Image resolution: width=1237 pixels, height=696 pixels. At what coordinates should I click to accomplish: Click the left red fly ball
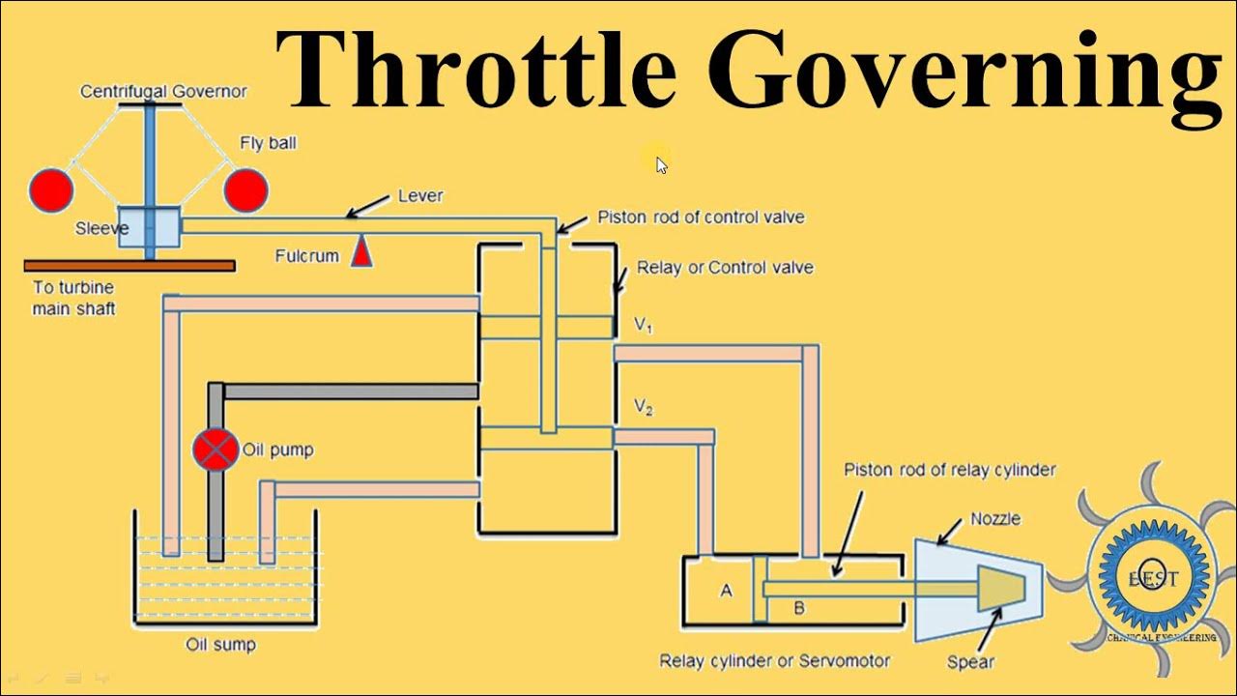(50, 189)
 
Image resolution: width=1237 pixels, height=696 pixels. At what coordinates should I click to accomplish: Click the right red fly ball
(245, 189)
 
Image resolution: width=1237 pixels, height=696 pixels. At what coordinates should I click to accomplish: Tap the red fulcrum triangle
(361, 252)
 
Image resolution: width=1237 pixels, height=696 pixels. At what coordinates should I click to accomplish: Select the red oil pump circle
(215, 449)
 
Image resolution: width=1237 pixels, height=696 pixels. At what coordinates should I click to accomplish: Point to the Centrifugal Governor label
(163, 92)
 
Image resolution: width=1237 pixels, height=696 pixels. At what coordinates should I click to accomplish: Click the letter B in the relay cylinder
(799, 607)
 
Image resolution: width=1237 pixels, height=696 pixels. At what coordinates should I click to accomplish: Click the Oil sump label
(221, 644)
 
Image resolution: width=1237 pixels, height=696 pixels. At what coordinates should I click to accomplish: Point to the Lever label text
(420, 195)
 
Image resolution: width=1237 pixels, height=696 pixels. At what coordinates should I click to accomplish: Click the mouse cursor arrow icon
(661, 164)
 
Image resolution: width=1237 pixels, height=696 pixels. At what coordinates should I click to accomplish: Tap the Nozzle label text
(994, 519)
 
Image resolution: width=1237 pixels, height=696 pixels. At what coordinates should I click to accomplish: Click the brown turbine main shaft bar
(129, 265)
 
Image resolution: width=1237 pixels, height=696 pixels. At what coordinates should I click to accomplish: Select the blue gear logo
(1150, 573)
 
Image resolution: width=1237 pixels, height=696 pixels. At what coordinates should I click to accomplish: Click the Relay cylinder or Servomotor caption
(774, 661)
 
